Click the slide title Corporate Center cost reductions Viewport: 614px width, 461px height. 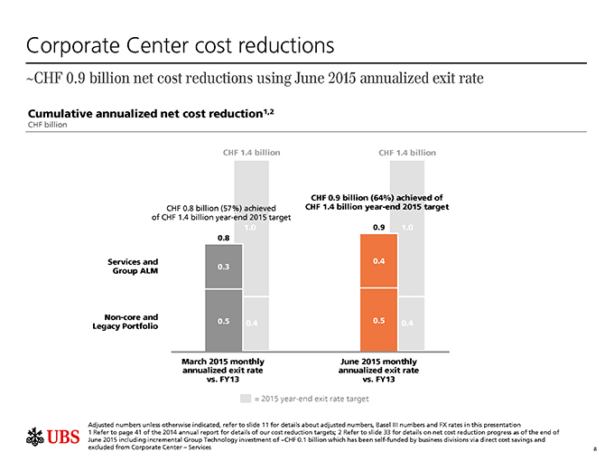(x=181, y=43)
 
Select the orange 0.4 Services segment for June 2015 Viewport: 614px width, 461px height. (x=378, y=262)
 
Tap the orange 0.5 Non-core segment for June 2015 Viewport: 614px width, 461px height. (x=378, y=321)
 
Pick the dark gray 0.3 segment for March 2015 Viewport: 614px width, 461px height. (x=222, y=267)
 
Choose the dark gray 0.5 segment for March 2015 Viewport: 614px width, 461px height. (x=222, y=321)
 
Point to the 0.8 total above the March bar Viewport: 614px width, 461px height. (x=223, y=238)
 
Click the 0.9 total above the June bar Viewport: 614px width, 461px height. (x=378, y=227)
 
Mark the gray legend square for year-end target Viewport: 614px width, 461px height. (x=245, y=398)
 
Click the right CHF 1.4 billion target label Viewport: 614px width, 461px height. (x=404, y=152)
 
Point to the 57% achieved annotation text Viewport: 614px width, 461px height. (x=209, y=213)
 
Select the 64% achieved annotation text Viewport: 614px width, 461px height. (x=377, y=202)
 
